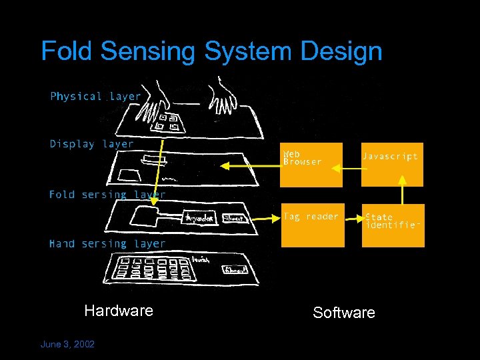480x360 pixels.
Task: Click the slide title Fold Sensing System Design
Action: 211,51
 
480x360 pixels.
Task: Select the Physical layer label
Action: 95,97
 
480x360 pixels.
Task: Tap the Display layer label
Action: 91,144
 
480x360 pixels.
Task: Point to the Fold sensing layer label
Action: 107,195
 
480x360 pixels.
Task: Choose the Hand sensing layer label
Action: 107,244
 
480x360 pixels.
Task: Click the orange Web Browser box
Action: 311,164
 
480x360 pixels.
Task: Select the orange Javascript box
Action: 392,164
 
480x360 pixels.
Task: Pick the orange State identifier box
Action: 393,225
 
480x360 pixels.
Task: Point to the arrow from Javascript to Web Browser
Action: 351,168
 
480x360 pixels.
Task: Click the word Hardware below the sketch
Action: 119,311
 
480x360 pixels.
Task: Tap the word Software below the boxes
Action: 344,313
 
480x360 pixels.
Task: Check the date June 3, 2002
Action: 67,344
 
